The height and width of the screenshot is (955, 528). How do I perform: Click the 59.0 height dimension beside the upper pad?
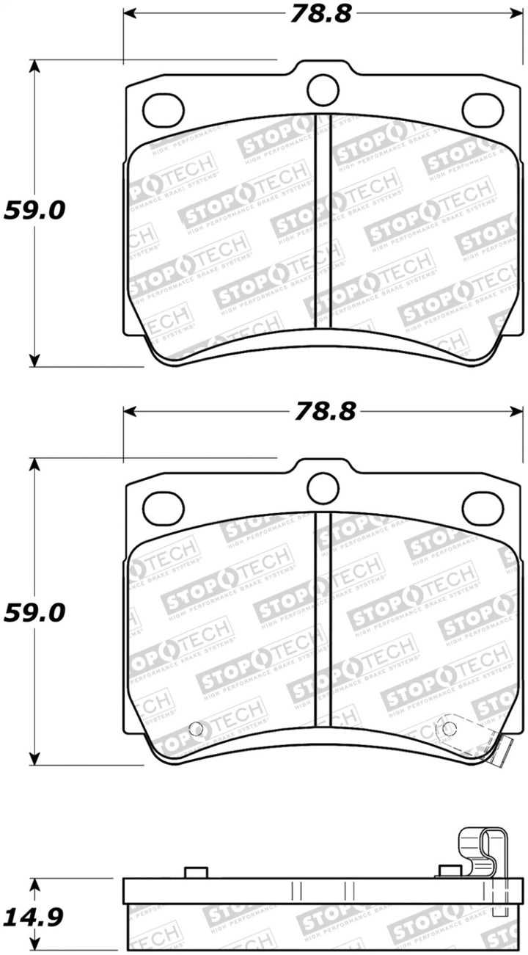[x=34, y=211]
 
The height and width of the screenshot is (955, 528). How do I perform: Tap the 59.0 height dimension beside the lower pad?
[x=34, y=613]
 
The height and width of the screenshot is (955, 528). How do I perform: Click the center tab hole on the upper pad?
[x=323, y=90]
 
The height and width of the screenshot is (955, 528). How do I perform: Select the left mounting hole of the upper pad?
[x=163, y=109]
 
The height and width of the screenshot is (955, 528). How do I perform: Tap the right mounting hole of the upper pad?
[x=482, y=109]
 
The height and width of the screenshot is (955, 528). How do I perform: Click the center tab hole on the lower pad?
[x=323, y=488]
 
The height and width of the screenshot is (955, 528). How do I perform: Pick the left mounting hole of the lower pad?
[x=163, y=508]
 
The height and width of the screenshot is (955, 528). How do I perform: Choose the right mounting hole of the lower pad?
[x=482, y=508]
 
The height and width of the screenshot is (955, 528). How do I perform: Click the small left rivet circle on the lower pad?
[x=196, y=729]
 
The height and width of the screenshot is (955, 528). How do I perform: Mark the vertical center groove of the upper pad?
[x=323, y=220]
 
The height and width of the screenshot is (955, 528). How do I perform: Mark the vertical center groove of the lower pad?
[x=323, y=619]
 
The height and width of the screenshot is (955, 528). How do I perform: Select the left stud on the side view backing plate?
[x=196, y=872]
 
